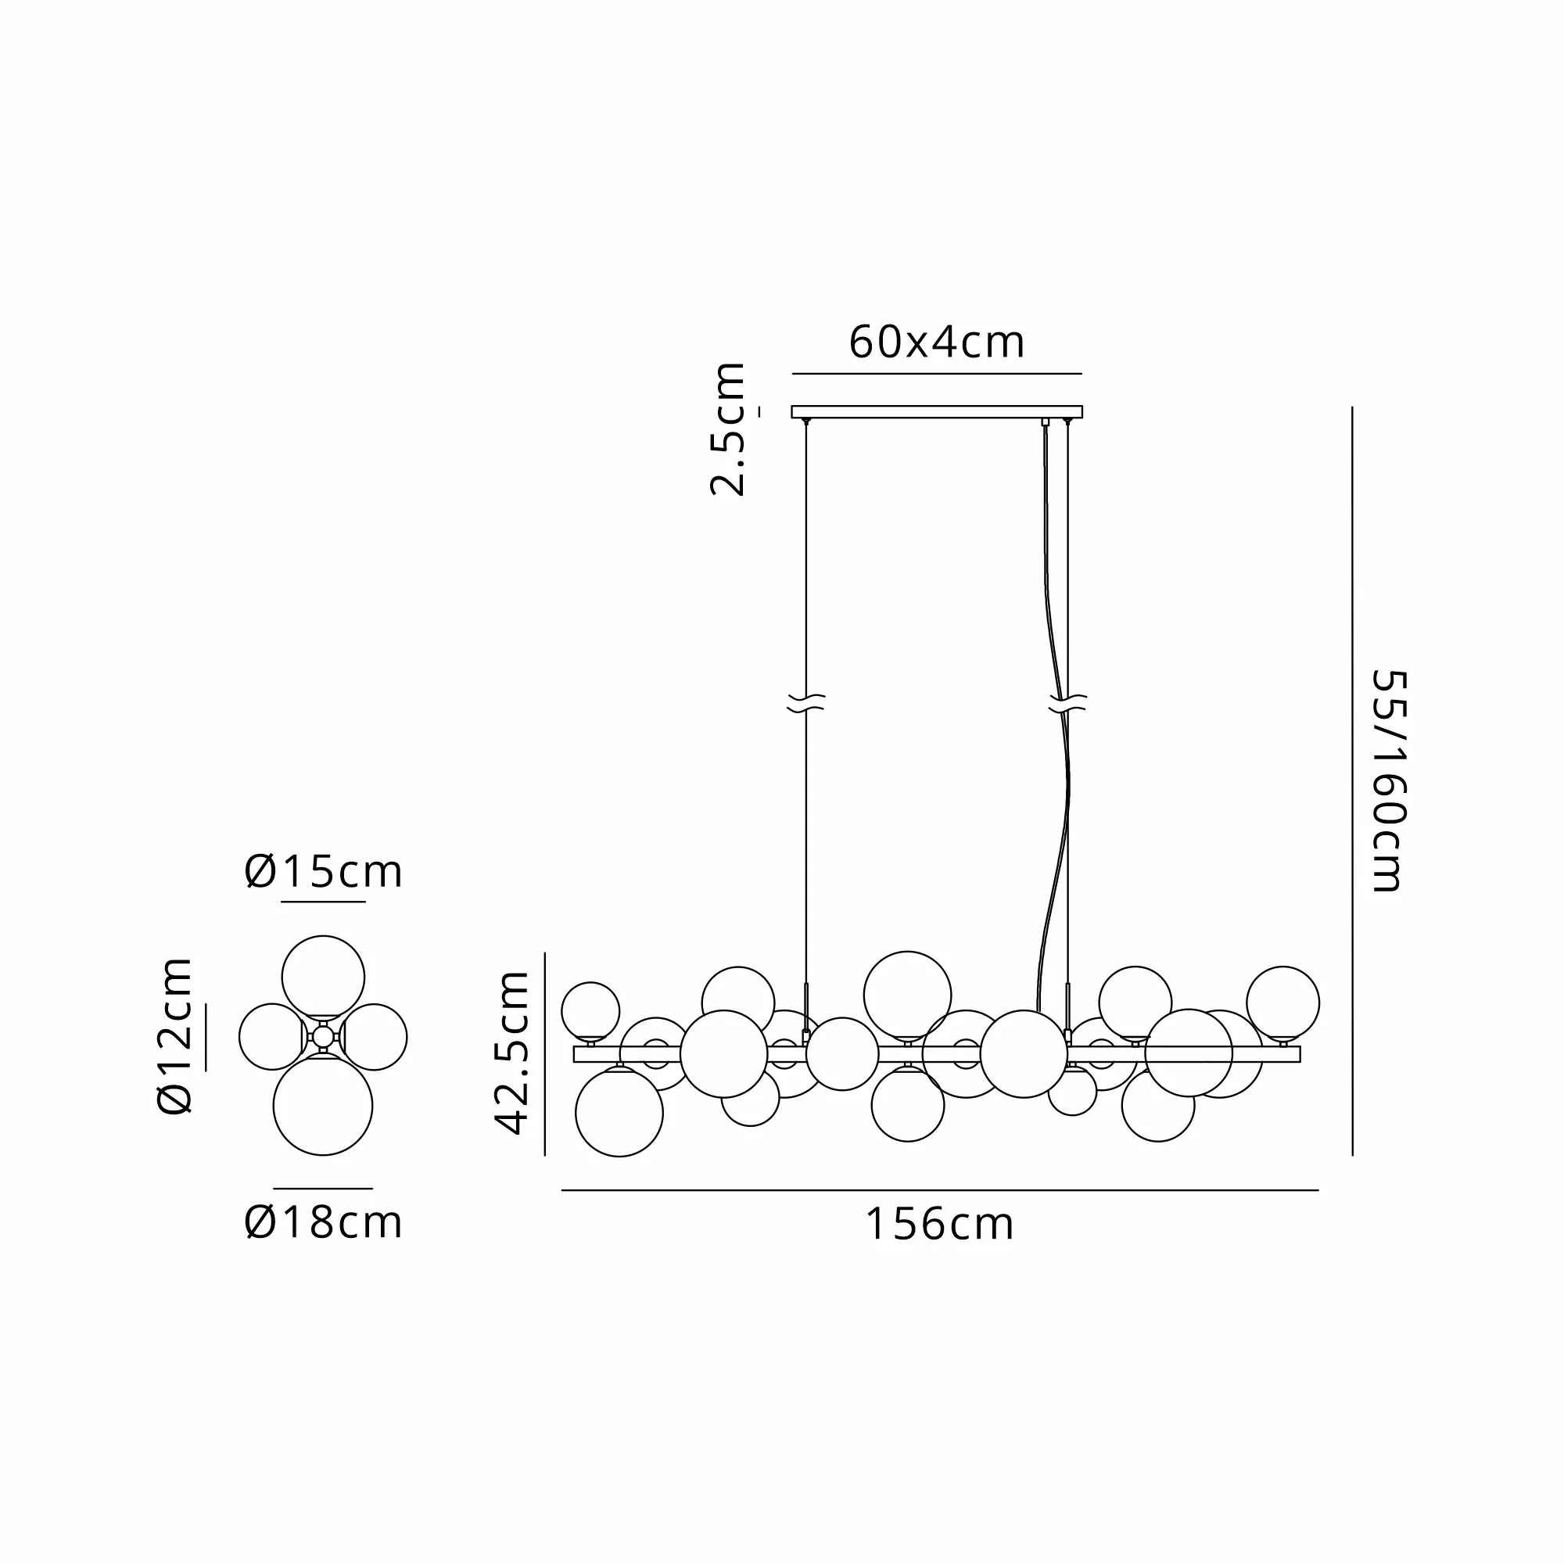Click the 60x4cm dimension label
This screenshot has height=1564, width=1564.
coord(937,343)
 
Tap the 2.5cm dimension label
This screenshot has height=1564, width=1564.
coord(727,429)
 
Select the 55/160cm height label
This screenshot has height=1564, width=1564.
coord(1389,780)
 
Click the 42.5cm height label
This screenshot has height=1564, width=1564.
coord(511,1053)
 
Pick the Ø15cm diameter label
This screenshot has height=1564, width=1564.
coord(323,872)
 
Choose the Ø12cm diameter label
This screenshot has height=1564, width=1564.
coord(174,1036)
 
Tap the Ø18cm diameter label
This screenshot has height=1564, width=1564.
coord(323,1222)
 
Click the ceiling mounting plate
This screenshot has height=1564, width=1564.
coord(937,411)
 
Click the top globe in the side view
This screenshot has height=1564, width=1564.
coord(323,976)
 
